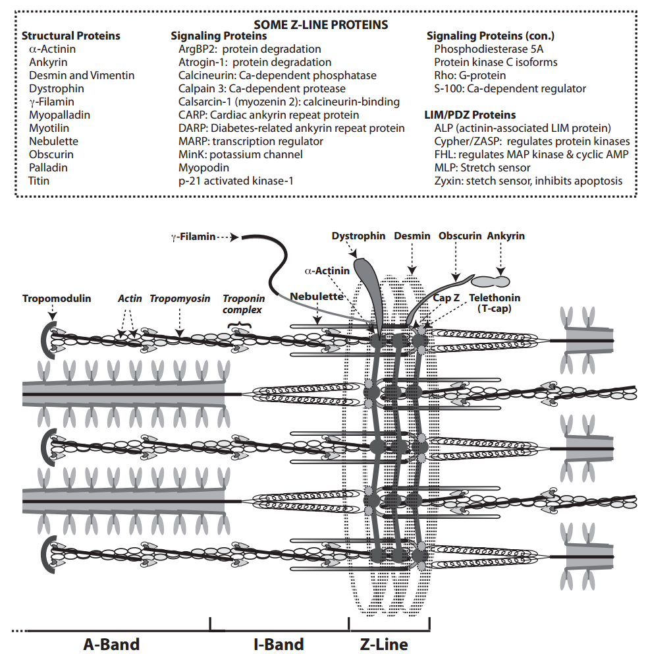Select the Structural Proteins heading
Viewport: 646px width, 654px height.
point(71,36)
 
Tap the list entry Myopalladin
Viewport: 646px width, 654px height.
point(59,115)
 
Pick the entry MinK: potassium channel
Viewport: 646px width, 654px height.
point(240,154)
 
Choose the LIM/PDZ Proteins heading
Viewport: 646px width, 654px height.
point(470,115)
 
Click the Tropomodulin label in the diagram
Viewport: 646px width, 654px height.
point(57,298)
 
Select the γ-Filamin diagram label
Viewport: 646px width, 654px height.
point(193,237)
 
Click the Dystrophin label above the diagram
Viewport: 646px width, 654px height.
point(358,235)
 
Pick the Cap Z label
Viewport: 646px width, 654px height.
point(446,298)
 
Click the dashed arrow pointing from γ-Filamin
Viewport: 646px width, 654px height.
point(229,237)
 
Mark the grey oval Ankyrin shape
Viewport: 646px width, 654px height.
point(490,282)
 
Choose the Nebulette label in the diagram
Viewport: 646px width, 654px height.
point(316,297)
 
